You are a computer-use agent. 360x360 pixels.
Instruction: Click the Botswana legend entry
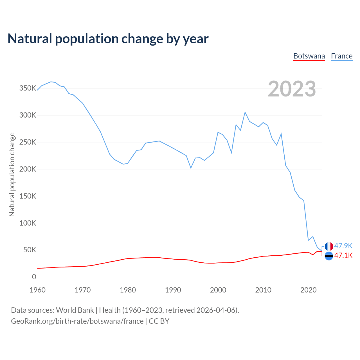pyautogui.click(x=309, y=56)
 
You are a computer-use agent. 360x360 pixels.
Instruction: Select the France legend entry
pyautogui.click(x=342, y=56)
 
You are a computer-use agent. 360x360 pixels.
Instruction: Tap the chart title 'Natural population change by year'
pyautogui.click(x=108, y=39)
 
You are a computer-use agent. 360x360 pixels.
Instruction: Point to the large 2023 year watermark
pyautogui.click(x=292, y=89)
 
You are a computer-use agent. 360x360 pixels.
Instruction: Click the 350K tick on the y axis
pyautogui.click(x=28, y=88)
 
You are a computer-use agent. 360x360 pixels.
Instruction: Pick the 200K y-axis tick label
pyautogui.click(x=28, y=169)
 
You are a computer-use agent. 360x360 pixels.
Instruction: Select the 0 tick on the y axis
pyautogui.click(x=34, y=277)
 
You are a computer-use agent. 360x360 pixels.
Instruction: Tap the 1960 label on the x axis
pyautogui.click(x=37, y=290)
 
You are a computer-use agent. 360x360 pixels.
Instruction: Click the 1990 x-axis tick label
pyautogui.click(x=173, y=290)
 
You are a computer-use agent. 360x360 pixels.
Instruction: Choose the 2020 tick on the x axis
pyautogui.click(x=309, y=290)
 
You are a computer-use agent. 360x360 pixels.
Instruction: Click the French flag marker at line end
pyautogui.click(x=329, y=246)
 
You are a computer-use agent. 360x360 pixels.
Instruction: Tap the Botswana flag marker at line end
pyautogui.click(x=329, y=256)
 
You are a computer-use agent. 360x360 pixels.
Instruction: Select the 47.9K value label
pyautogui.click(x=343, y=246)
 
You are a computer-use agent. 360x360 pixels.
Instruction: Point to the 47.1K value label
pyautogui.click(x=343, y=255)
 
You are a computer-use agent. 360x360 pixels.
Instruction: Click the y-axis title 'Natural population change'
pyautogui.click(x=12, y=174)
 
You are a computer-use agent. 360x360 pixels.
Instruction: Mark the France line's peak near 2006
pyautogui.click(x=245, y=112)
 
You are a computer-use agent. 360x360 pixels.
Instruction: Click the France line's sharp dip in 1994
pyautogui.click(x=191, y=168)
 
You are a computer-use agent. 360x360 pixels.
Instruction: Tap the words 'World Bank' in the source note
pyautogui.click(x=75, y=310)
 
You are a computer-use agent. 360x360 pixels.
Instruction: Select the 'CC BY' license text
pyautogui.click(x=159, y=321)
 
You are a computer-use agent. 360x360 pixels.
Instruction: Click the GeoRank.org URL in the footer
pyautogui.click(x=77, y=321)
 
